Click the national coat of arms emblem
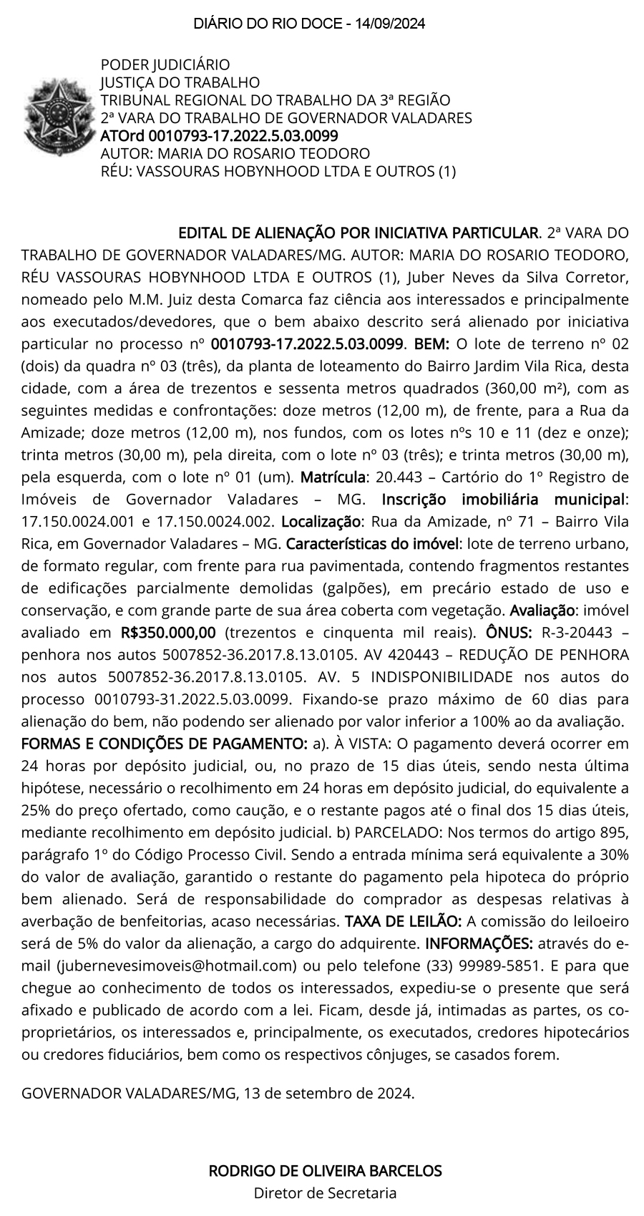coord(54,117)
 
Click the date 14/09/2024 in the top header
coord(389,24)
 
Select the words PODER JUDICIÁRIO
coord(165,65)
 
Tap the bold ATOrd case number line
coord(219,135)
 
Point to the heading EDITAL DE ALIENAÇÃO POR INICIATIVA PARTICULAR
coord(358,233)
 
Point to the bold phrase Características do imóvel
coord(371,543)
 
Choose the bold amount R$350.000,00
coord(168,632)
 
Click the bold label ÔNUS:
coord(509,632)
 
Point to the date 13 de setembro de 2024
coord(329,1093)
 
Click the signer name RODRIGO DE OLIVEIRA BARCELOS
coord(325,1171)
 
